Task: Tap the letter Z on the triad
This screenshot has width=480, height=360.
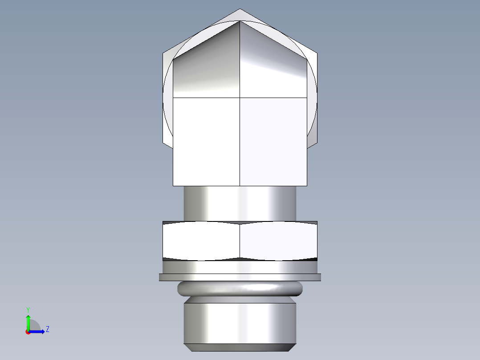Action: click(x=47, y=329)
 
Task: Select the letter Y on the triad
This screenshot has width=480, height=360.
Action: click(x=28, y=309)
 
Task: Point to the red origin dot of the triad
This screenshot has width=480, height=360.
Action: click(x=28, y=332)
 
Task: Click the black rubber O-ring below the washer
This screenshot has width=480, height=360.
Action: click(x=240, y=289)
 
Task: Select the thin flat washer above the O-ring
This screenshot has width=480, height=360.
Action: click(x=240, y=277)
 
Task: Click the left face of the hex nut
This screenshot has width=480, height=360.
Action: click(x=201, y=241)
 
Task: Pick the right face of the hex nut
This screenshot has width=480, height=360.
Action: click(x=278, y=241)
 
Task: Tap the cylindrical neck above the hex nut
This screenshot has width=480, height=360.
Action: click(x=240, y=203)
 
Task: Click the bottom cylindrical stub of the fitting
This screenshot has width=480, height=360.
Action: click(x=240, y=323)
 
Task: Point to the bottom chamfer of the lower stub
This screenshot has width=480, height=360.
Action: click(x=240, y=347)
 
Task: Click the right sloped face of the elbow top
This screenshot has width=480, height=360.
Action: click(x=273, y=67)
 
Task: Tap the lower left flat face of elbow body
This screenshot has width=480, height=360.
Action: click(x=206, y=141)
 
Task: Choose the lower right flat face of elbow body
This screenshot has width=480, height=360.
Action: click(x=273, y=141)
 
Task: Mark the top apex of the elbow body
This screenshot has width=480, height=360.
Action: click(x=240, y=21)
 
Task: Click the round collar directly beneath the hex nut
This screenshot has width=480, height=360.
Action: click(x=240, y=267)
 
